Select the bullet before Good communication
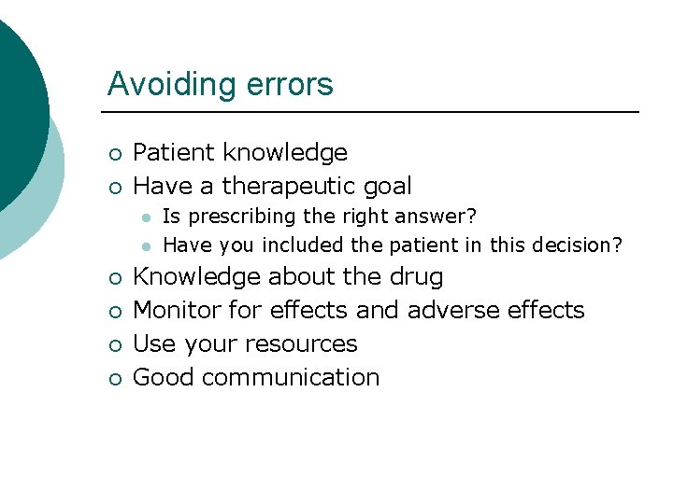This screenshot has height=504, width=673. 112,378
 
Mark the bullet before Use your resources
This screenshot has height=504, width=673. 112,344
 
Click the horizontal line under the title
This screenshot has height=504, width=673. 373,112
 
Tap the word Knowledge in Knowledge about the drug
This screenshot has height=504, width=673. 197,277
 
